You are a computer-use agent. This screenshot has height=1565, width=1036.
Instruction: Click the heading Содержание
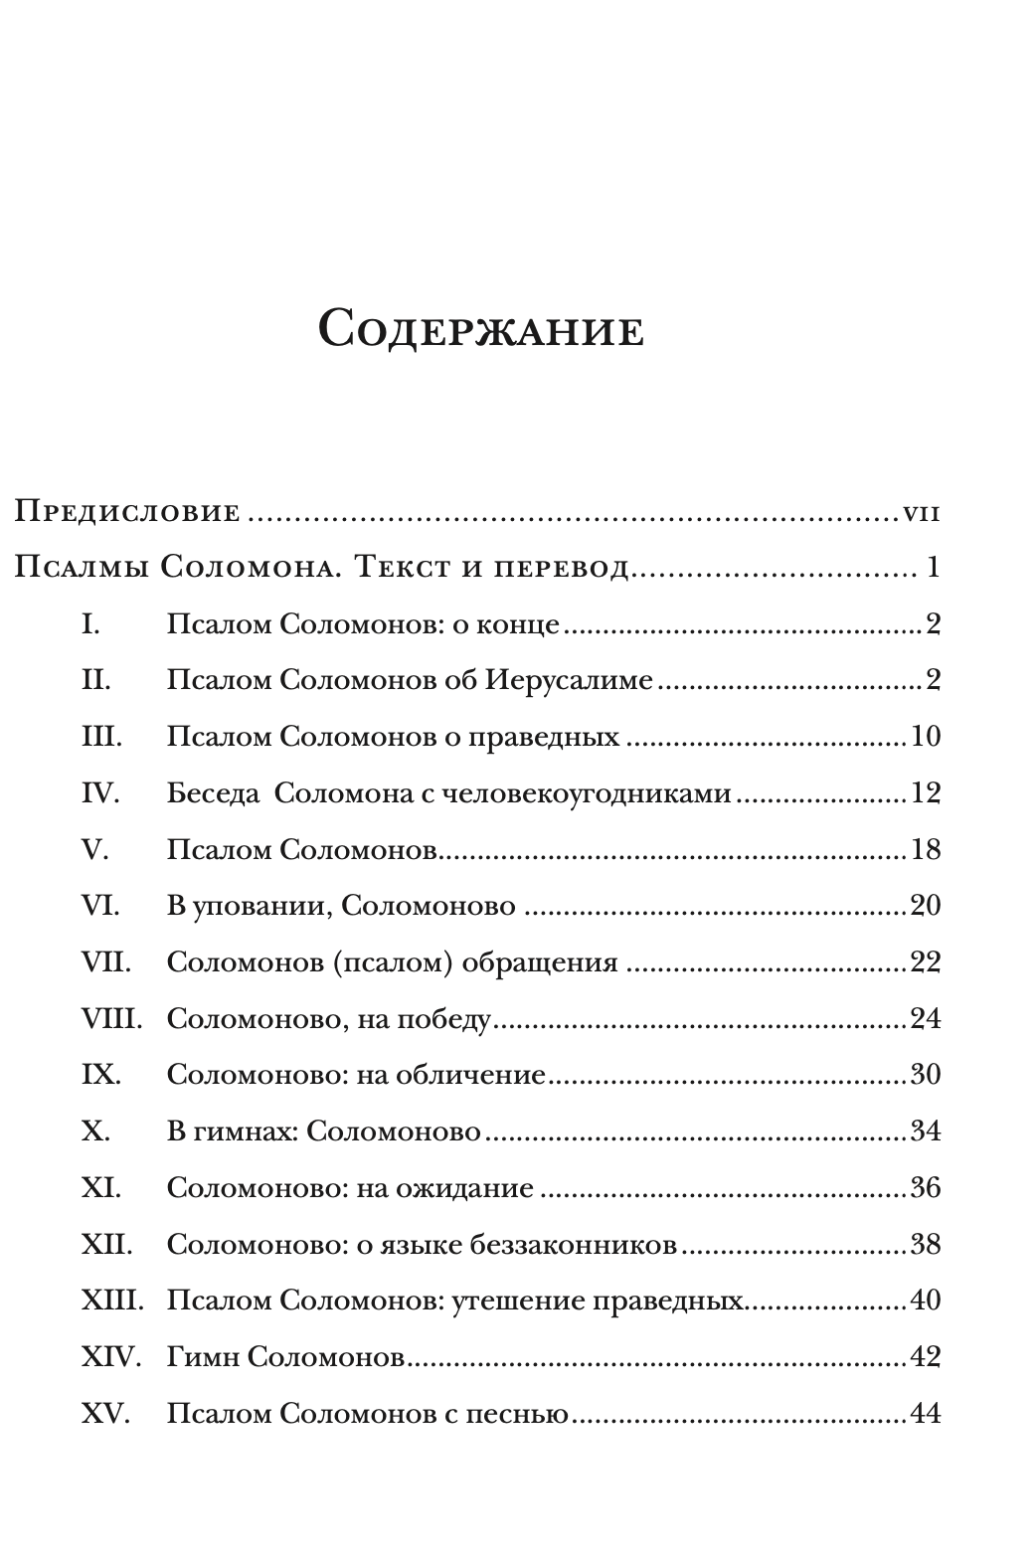tap(481, 328)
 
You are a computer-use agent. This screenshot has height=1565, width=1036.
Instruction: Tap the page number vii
tap(922, 514)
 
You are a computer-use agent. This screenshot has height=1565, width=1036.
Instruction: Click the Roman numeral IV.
tap(99, 793)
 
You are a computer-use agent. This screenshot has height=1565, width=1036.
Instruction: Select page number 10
tap(925, 737)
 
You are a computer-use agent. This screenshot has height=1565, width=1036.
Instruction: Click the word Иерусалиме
tap(570, 681)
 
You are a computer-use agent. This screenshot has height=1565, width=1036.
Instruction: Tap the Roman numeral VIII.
tap(111, 1019)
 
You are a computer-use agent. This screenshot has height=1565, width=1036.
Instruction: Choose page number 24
tap(925, 1019)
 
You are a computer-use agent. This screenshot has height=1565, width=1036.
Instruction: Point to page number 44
tap(925, 1414)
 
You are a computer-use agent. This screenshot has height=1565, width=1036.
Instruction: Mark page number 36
tap(925, 1188)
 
